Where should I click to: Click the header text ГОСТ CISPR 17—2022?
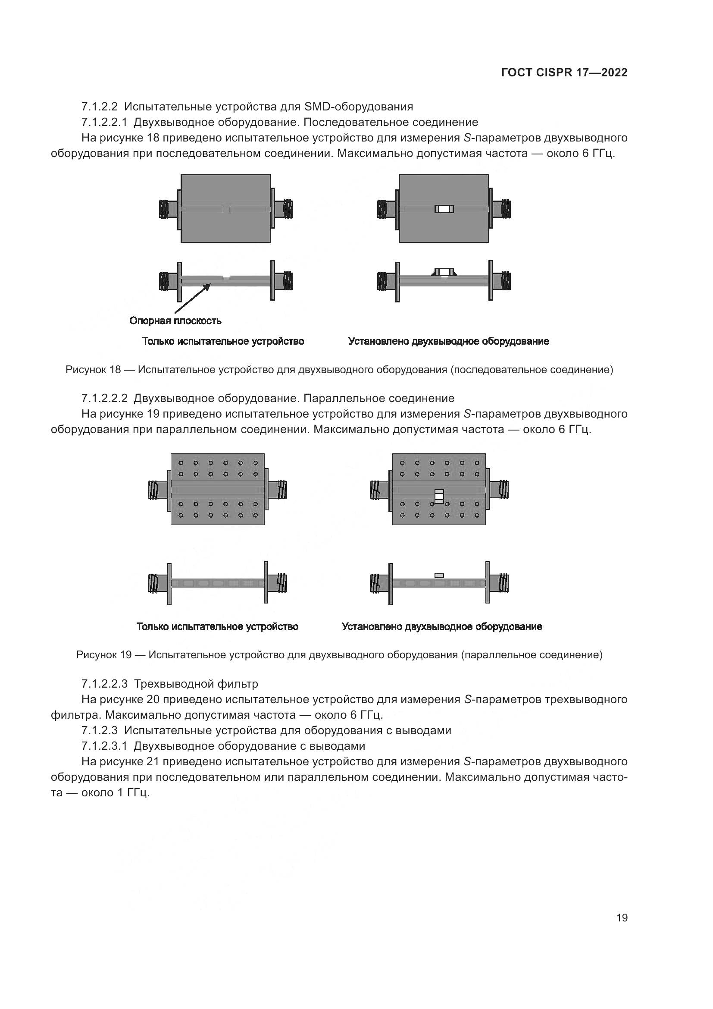[x=564, y=72]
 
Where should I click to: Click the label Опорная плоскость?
[x=175, y=321]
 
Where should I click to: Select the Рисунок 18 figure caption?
[x=339, y=370]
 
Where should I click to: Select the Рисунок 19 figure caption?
[x=339, y=655]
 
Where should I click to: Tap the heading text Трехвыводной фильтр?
[x=196, y=684]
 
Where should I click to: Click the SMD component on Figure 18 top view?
[x=444, y=209]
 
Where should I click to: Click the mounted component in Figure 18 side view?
[x=444, y=272]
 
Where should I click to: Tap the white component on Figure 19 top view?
[x=439, y=496]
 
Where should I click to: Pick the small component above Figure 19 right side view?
[x=439, y=575]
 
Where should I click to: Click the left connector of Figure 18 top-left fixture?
[x=167, y=209]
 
